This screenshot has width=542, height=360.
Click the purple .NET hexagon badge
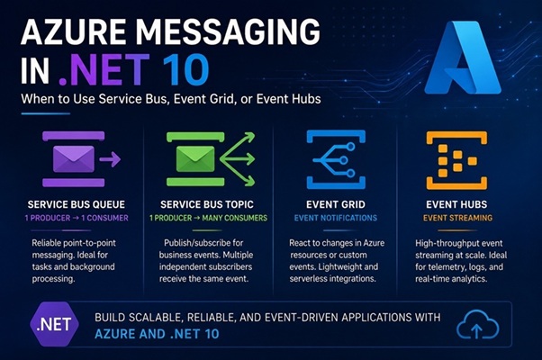pos(54,324)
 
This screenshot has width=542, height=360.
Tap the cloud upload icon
pos(477,324)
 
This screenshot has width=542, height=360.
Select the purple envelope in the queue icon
pos(73,159)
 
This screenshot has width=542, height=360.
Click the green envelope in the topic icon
pos(195,159)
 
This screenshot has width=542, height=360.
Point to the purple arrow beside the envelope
pos(110,159)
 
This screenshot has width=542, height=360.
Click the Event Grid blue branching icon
pos(336,159)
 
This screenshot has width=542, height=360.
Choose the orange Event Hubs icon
pos(456,160)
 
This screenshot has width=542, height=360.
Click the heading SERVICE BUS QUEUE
pos(76,204)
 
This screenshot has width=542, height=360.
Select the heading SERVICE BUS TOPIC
pos(207,204)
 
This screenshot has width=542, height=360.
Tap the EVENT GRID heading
pos(336,204)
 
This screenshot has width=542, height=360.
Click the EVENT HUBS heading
pos(456,204)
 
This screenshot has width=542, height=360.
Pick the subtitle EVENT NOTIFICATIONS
pos(336,218)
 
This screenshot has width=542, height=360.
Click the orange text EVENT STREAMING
pos(457,218)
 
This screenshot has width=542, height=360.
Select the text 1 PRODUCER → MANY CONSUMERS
pos(208,218)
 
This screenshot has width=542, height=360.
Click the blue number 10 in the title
pos(185,69)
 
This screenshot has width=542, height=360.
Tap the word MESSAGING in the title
pos(228,31)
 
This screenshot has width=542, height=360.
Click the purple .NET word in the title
pos(104,69)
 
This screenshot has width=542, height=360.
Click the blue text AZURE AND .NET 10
pos(157,334)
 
